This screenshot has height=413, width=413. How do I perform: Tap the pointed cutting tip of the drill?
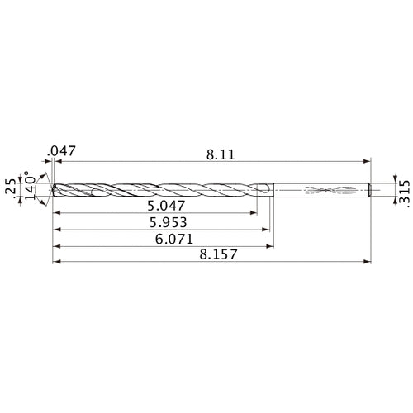point(53,189)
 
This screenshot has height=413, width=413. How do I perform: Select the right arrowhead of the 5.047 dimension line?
point(253,214)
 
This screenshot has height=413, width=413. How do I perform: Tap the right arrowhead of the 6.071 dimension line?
point(271,247)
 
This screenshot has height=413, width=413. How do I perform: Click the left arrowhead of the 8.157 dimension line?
point(55,264)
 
